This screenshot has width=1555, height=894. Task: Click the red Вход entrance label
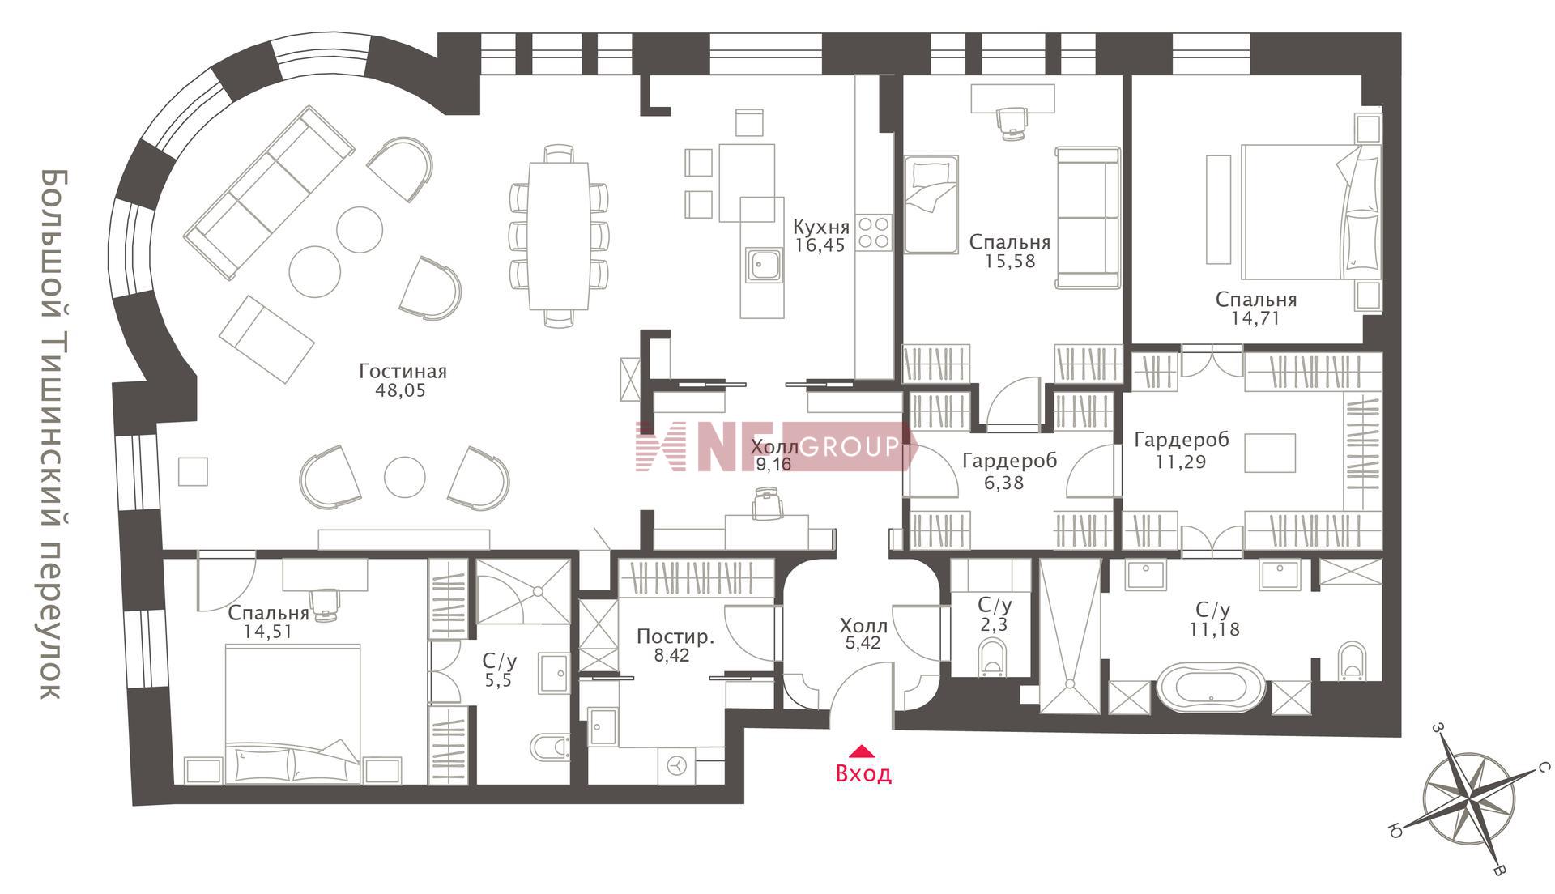click(863, 773)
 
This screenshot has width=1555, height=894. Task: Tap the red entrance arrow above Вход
click(863, 750)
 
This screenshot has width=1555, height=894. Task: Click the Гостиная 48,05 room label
click(403, 381)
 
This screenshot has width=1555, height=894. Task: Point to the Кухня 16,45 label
click(821, 236)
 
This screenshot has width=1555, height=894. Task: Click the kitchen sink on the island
click(764, 266)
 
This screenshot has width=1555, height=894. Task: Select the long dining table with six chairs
click(559, 236)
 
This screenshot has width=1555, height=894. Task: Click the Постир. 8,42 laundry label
click(675, 645)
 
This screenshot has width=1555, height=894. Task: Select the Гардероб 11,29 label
click(1182, 451)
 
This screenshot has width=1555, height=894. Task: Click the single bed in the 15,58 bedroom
click(931, 204)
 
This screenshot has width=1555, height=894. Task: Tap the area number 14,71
click(1255, 319)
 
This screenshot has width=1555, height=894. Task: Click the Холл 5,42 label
click(863, 635)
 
